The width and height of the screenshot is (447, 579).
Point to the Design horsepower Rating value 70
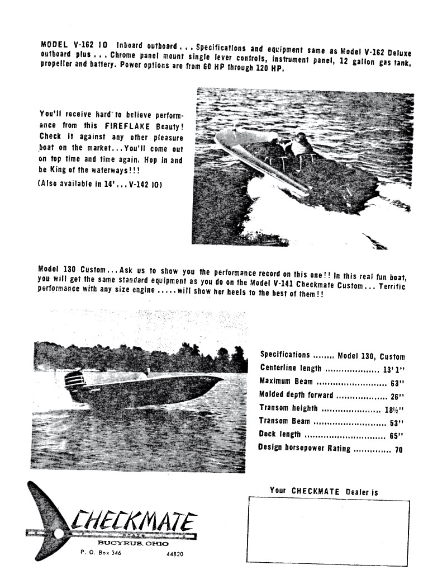point(398,449)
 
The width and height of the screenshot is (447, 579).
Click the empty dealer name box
point(328,532)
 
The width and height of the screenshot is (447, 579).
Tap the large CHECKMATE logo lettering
point(134,521)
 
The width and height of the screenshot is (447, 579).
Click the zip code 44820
point(174,554)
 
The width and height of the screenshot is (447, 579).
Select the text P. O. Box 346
point(101,552)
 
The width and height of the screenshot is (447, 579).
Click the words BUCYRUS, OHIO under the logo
point(133,543)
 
